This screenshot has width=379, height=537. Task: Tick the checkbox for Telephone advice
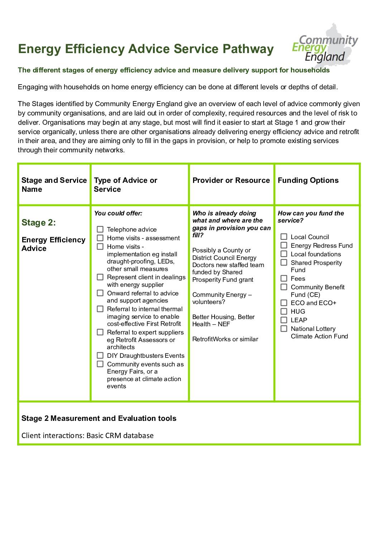(x=100, y=229)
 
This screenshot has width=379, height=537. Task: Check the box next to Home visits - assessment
(x=100, y=238)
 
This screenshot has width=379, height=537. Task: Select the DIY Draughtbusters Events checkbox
(x=100, y=356)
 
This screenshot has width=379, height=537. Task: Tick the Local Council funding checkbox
(x=284, y=237)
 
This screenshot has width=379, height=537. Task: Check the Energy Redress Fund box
(x=284, y=246)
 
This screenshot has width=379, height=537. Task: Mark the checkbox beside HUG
(x=284, y=312)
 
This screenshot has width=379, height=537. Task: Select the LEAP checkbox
(x=284, y=320)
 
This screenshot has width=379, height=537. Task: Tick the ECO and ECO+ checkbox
(x=284, y=303)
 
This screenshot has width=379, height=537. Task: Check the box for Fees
(x=284, y=279)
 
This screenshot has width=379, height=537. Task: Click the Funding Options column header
(x=308, y=180)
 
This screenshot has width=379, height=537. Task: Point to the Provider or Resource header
(x=231, y=180)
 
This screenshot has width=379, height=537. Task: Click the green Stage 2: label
(x=39, y=223)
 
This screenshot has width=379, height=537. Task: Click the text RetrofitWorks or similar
(x=225, y=339)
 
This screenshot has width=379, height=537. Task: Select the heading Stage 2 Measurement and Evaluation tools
(x=99, y=418)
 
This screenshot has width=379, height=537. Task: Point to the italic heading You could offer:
(x=118, y=213)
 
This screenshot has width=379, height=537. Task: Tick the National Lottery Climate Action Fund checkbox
(x=284, y=329)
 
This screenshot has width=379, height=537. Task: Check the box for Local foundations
(x=284, y=254)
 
